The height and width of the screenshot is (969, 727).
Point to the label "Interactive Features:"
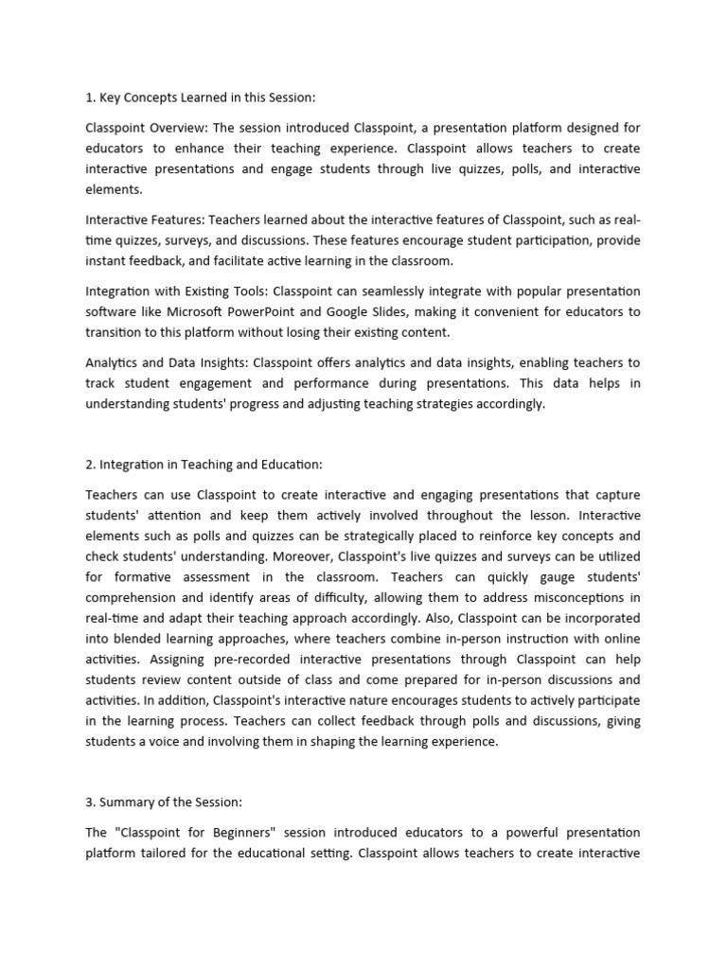pyautogui.click(x=144, y=219)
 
